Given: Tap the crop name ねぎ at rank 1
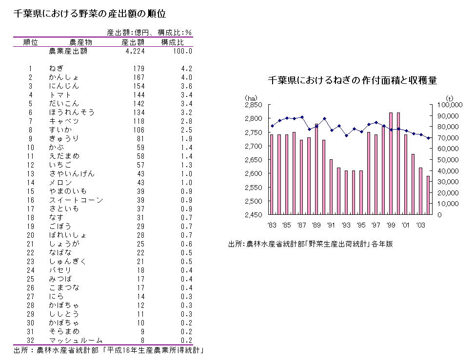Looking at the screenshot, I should [x=56, y=69].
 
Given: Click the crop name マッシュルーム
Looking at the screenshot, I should [x=76, y=340].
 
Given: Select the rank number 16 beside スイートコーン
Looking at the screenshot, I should [x=30, y=200].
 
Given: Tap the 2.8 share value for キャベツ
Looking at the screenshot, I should [x=187, y=121].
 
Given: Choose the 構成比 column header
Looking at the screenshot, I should [x=172, y=42].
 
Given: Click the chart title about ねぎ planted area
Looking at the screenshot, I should [x=352, y=80].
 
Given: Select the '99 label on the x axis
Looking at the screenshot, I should [x=390, y=225].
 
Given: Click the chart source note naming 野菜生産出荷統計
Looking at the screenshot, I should [x=310, y=244].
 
